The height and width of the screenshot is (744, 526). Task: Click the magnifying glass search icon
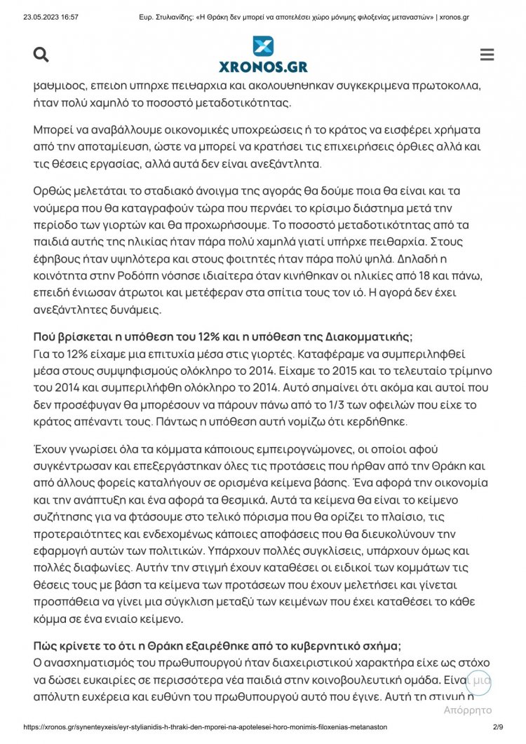(x=41, y=55)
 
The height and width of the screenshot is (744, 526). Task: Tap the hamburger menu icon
(x=487, y=55)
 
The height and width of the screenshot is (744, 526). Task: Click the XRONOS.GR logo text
(x=262, y=67)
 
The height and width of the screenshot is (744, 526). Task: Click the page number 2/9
(x=499, y=727)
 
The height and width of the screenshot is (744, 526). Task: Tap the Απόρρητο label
(x=468, y=710)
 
